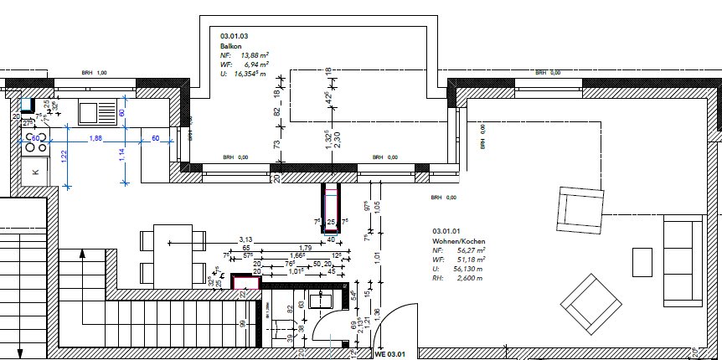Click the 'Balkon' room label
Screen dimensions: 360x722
[x=231, y=46]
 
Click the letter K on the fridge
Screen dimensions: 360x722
[x=35, y=172]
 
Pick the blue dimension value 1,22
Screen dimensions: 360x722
[x=64, y=157]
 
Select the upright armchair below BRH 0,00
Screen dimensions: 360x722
[x=580, y=208]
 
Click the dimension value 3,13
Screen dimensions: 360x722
[x=245, y=239]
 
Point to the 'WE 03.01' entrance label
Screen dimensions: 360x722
[x=389, y=354]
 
